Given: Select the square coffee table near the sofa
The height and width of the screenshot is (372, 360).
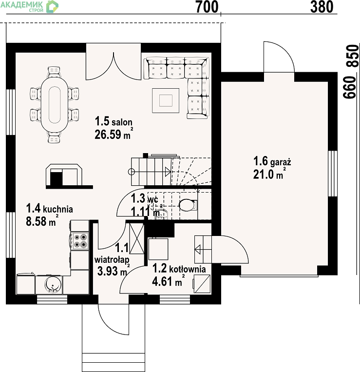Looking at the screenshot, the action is coord(166,100).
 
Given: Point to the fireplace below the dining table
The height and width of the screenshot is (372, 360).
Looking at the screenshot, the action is coord(64,176).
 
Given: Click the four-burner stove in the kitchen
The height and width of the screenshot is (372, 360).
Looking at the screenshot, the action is coord(80,241).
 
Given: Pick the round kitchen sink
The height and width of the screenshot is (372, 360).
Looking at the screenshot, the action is coord(53,284).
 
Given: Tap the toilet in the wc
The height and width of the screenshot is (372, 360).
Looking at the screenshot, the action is coord(188,205).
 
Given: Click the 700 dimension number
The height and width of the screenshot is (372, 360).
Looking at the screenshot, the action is coord(207,7).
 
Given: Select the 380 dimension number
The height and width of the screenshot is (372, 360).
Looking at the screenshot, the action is coord(322,7).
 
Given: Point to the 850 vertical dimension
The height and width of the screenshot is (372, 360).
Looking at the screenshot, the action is coord(352,56).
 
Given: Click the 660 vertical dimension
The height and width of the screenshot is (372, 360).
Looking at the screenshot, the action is coord(350,87).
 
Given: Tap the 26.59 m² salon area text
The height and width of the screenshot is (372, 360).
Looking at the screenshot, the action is coord(114,134).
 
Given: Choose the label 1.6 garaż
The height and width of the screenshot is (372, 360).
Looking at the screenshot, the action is coord(272,161).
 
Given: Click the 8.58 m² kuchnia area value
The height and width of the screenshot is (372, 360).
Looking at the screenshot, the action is coord(42,220).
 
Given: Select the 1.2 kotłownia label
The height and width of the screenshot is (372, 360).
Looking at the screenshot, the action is coord(179,268).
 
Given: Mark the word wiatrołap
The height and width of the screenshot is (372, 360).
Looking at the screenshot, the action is coord(112,260).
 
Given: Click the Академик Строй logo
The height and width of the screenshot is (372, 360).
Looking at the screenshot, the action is coord(29,6).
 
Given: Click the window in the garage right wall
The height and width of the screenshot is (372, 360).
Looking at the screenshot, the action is coord(333,174).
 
